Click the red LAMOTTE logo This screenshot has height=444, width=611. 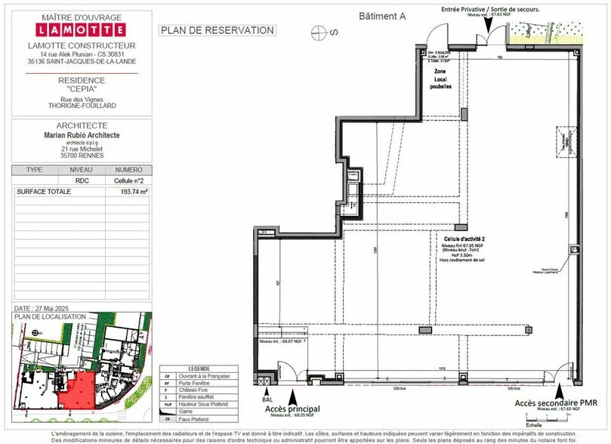81,31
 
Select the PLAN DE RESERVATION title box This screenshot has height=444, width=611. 217,30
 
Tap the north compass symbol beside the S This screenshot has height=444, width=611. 319,32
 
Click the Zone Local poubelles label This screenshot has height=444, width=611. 442,78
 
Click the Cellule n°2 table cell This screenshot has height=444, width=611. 128,181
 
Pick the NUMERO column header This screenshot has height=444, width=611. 128,170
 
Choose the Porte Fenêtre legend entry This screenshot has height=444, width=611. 195,383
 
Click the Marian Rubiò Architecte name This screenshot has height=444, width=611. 82,135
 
